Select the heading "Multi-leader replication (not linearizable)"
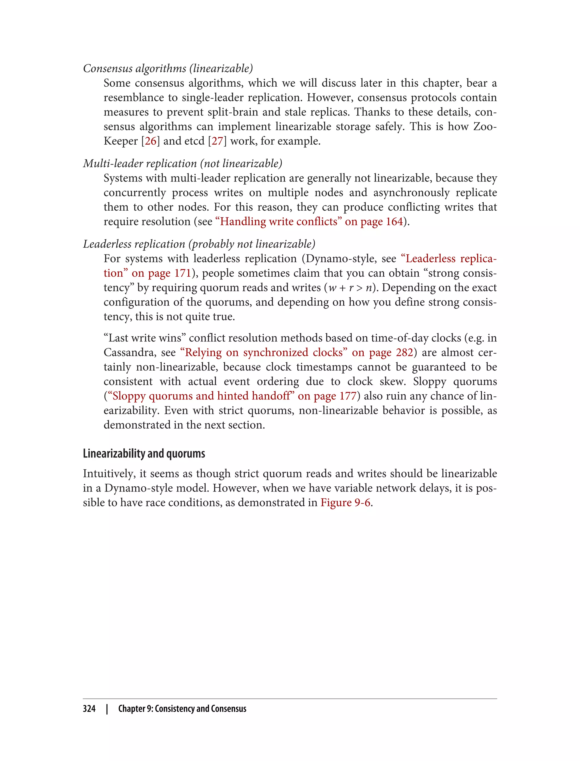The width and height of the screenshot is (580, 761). [x=182, y=163]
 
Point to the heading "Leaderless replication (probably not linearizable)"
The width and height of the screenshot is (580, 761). [x=199, y=244]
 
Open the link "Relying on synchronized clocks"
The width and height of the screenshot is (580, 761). [x=264, y=352]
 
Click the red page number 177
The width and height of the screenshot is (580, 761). [x=347, y=396]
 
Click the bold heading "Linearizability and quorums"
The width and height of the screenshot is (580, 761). [x=144, y=453]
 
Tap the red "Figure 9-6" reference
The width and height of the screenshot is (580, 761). [x=345, y=503]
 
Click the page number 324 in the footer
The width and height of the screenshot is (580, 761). [x=89, y=709]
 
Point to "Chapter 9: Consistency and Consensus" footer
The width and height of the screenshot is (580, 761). [x=182, y=709]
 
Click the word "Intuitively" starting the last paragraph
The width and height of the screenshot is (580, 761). [x=109, y=474]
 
